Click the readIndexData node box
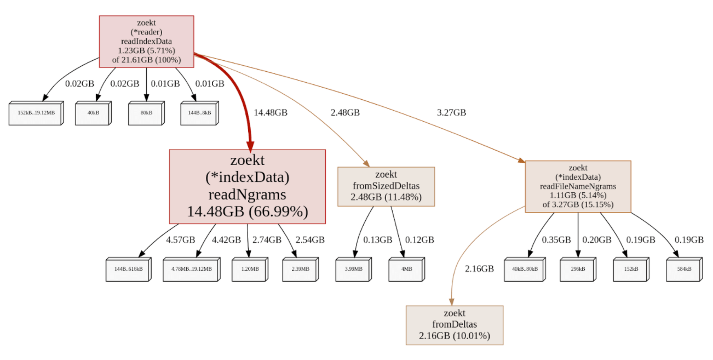tap(146, 42)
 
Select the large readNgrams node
tap(248, 186)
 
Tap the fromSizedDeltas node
tap(386, 186)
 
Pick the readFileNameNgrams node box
tap(578, 186)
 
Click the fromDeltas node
tap(454, 325)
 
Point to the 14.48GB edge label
tap(271, 113)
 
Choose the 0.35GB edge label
tap(556, 239)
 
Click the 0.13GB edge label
tap(378, 239)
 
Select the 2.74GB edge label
tap(267, 239)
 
